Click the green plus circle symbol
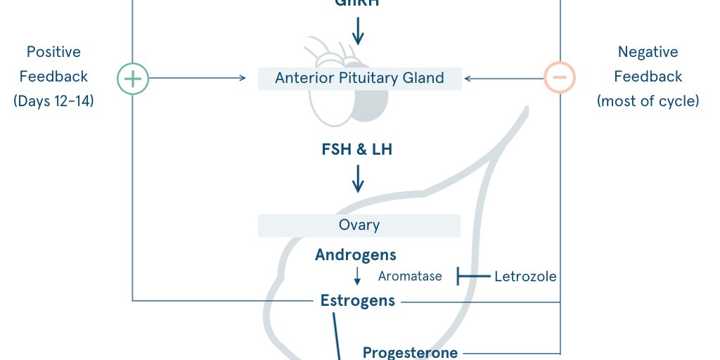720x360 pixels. click(x=132, y=78)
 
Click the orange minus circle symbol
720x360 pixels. click(x=560, y=78)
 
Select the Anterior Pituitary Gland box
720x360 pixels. click(x=359, y=78)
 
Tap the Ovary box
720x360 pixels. click(x=359, y=226)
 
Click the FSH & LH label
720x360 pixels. click(x=358, y=150)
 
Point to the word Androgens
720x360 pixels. click(x=356, y=255)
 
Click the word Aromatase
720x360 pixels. click(x=410, y=276)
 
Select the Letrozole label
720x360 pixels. click(x=525, y=276)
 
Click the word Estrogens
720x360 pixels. click(x=358, y=301)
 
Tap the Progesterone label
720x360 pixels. click(x=410, y=352)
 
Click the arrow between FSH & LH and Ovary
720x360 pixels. click(x=358, y=179)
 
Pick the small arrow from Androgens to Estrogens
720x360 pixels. click(x=357, y=276)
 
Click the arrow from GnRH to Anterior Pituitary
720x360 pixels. click(x=358, y=31)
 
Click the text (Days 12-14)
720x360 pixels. click(x=53, y=101)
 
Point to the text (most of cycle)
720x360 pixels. click(x=648, y=101)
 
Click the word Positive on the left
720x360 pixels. click(x=53, y=52)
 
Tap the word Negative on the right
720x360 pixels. click(x=648, y=52)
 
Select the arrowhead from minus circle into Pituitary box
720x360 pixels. click(x=468, y=78)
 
